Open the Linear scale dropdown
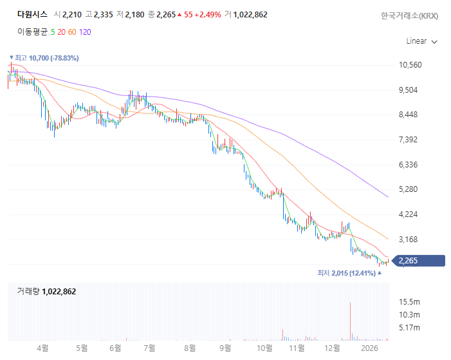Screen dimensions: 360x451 (421, 41)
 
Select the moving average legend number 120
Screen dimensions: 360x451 (85, 31)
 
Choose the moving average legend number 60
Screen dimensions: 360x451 (72, 31)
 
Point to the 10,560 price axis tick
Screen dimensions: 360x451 (410, 65)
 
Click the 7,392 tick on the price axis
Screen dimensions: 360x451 (409, 140)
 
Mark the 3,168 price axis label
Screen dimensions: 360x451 (409, 240)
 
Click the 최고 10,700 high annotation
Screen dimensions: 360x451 (45, 58)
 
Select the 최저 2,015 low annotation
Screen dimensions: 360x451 (348, 273)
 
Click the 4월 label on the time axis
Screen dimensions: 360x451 (43, 348)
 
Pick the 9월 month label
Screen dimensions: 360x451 (225, 348)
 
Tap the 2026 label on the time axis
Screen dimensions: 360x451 (369, 348)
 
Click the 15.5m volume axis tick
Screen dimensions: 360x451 (409, 301)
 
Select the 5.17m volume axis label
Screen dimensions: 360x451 (409, 328)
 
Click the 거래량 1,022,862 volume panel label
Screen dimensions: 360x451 (46, 292)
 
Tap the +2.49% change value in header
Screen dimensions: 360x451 (210, 14)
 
